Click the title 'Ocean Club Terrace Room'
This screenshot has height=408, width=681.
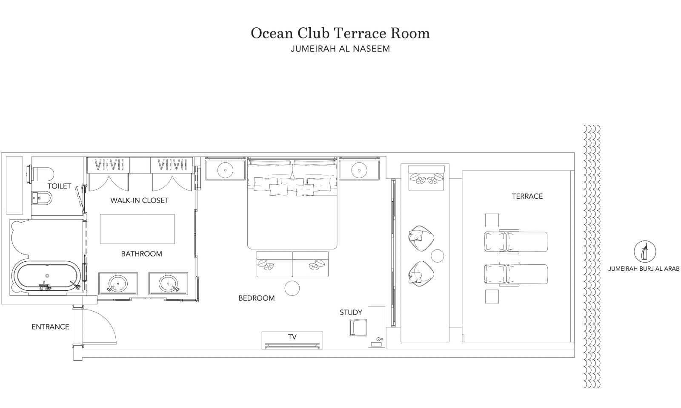tap(340, 34)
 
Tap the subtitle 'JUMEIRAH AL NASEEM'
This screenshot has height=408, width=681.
tap(340, 49)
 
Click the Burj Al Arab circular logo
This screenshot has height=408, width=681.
tap(645, 252)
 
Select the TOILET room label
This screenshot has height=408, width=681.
tap(59, 186)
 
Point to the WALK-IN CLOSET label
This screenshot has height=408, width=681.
tap(139, 200)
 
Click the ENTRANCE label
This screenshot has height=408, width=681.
tap(51, 327)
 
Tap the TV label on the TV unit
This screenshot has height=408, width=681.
tap(292, 337)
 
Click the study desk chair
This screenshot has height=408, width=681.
tap(358, 327)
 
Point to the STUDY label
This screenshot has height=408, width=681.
tap(351, 313)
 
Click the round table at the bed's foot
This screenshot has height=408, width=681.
tap(292, 288)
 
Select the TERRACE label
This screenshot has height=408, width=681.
tap(527, 197)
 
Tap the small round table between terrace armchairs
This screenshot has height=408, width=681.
tap(438, 256)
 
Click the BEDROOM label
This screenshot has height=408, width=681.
tap(257, 298)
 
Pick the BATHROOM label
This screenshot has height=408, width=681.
tap(142, 254)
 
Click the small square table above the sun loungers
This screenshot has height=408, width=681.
tap(492, 220)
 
